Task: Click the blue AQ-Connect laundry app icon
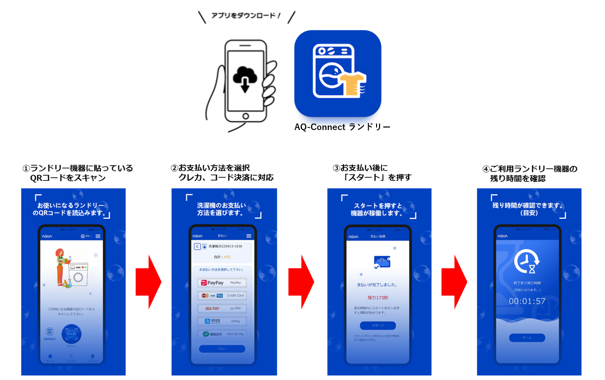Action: (x=337, y=73)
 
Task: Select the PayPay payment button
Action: (x=222, y=283)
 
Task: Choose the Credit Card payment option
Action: (x=222, y=295)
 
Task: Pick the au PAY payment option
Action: (x=222, y=308)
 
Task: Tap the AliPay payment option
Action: (x=222, y=321)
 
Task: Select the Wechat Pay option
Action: (x=222, y=334)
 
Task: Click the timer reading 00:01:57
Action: (x=527, y=301)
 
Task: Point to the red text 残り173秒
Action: (x=378, y=298)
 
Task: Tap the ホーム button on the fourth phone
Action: (x=527, y=338)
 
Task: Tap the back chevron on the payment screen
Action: (x=197, y=246)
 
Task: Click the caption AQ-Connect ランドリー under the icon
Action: (x=342, y=128)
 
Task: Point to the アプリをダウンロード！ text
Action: (x=246, y=16)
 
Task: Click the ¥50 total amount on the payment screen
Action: (x=227, y=257)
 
